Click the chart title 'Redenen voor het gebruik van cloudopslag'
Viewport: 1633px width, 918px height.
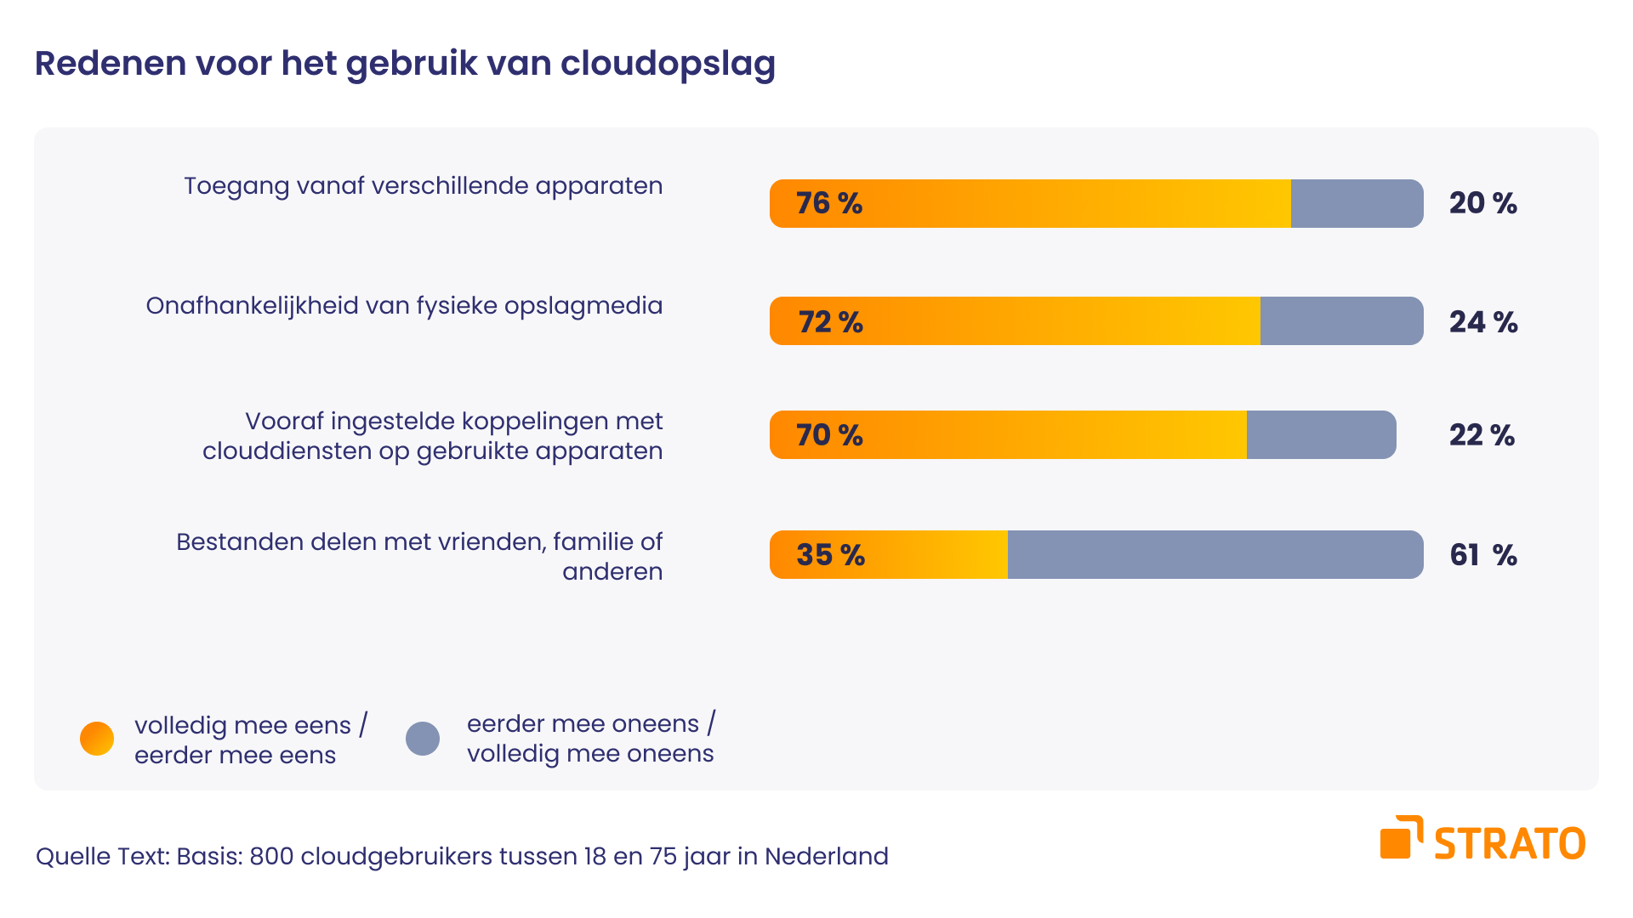405,64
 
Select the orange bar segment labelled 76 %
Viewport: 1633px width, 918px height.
1029,203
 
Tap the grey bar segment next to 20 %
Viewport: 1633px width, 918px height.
1357,203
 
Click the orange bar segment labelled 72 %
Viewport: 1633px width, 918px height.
1014,320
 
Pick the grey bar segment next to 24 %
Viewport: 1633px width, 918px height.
1341,320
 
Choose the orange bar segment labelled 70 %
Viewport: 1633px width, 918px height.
1008,434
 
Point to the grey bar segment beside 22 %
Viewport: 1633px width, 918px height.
1321,434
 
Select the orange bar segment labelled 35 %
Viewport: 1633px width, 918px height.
889,554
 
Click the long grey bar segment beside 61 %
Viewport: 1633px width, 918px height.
1215,554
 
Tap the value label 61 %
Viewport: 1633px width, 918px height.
1483,555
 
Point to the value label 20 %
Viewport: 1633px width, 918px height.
1483,203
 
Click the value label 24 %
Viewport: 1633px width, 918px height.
1483,322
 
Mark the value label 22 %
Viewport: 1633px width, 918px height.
1482,435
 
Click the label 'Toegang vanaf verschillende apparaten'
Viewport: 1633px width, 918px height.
423,186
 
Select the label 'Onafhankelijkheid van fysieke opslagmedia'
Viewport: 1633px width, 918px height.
404,306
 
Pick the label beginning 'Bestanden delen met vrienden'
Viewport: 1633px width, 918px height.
419,556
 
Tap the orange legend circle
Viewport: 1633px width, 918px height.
97,739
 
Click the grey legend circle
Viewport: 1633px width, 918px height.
423,739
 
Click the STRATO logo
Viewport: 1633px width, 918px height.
1482,840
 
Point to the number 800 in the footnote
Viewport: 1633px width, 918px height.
271,856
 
